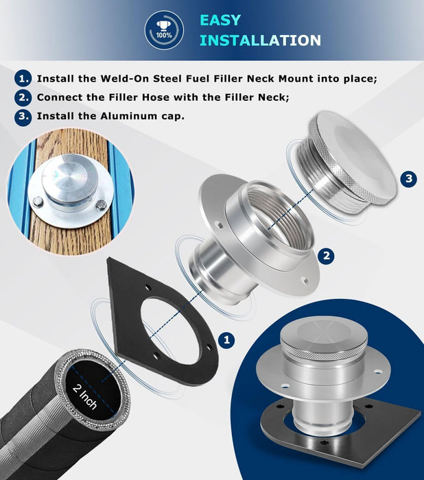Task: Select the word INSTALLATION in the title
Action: (x=260, y=40)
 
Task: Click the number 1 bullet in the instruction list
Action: (x=24, y=79)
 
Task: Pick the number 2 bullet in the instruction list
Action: (x=24, y=97)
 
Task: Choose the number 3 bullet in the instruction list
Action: (x=24, y=116)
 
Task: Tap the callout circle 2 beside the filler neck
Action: (x=327, y=256)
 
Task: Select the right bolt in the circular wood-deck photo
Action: (x=102, y=204)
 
